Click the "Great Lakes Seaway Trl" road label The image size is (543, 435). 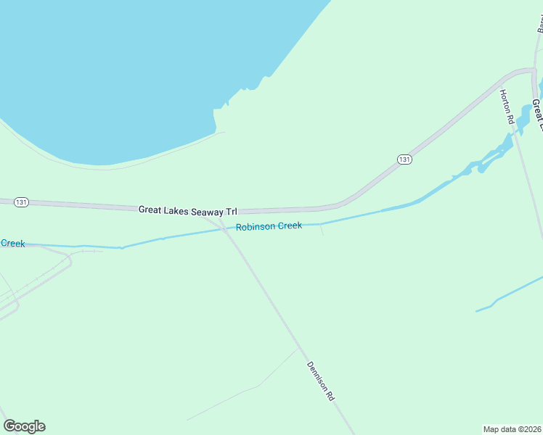click(188, 211)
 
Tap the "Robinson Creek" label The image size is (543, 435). click(269, 226)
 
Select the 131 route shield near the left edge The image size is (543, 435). click(21, 202)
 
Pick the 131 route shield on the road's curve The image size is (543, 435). click(404, 159)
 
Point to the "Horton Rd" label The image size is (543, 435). click(506, 107)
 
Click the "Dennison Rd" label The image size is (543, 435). click(320, 381)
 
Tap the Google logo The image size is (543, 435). click(24, 426)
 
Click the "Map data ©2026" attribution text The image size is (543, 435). click(512, 428)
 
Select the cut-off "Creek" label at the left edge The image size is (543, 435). click(12, 244)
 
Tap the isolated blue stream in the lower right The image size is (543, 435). click(508, 294)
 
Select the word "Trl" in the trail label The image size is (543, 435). click(231, 212)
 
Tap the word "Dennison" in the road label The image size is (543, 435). click(317, 376)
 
